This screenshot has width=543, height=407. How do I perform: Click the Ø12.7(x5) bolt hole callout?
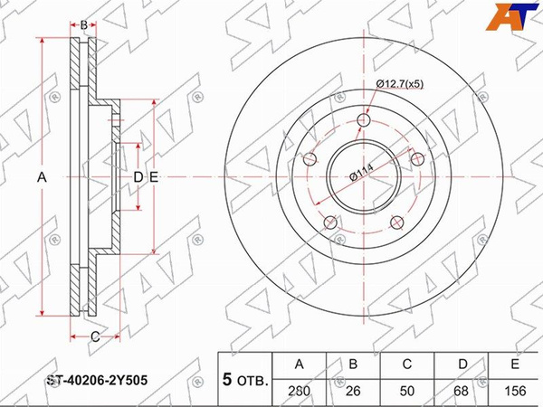pyautogui.click(x=400, y=84)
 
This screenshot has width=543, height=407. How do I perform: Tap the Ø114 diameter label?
pyautogui.click(x=362, y=173)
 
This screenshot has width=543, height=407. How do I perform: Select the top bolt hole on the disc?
pyautogui.click(x=364, y=120)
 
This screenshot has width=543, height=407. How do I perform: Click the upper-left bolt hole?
pyautogui.click(x=310, y=159)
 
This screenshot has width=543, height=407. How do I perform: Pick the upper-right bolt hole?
pyautogui.click(x=417, y=159)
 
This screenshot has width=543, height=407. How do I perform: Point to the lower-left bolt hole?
pyautogui.click(x=330, y=222)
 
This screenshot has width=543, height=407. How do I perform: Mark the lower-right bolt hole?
pyautogui.click(x=397, y=222)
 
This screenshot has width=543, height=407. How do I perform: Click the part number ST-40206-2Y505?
pyautogui.click(x=98, y=380)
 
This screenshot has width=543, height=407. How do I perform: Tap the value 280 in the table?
pyautogui.click(x=300, y=391)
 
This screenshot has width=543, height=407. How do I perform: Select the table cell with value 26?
pyautogui.click(x=353, y=391)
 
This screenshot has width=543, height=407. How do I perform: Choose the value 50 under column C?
pyautogui.click(x=407, y=391)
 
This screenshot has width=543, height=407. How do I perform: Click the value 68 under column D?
pyautogui.click(x=461, y=391)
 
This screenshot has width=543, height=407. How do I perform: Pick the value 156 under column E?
pyautogui.click(x=515, y=391)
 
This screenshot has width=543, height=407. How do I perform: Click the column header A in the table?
pyautogui.click(x=300, y=364)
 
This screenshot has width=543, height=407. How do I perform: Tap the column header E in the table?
pyautogui.click(x=515, y=364)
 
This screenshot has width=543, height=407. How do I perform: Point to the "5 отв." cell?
pyautogui.click(x=245, y=380)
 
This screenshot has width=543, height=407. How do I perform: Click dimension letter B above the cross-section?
pyautogui.click(x=83, y=25)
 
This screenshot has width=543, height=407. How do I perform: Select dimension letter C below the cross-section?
pyautogui.click(x=95, y=336)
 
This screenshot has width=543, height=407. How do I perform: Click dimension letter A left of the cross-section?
pyautogui.click(x=42, y=177)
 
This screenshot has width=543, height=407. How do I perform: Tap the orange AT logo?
pyautogui.click(x=510, y=16)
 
